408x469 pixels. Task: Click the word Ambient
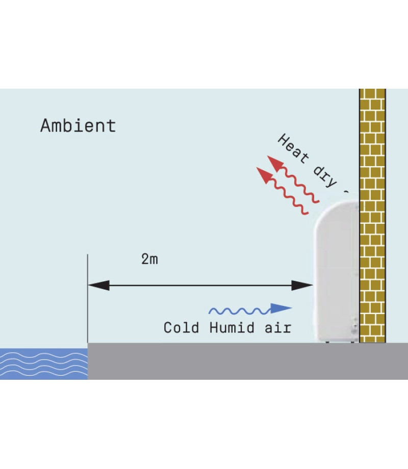click(x=78, y=125)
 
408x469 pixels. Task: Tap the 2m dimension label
click(x=149, y=259)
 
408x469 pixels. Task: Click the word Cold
click(x=181, y=328)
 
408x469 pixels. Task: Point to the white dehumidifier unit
click(x=337, y=275)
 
